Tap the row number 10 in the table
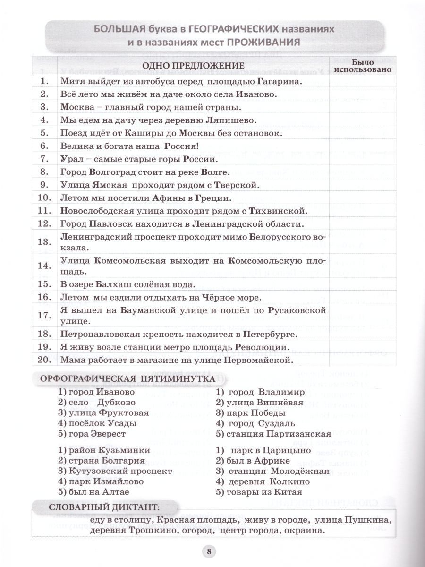[x=43, y=198]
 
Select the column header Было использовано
[x=362, y=65]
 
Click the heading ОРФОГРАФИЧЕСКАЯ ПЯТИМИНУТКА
[x=127, y=379]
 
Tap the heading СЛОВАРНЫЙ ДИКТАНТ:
[x=104, y=507]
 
